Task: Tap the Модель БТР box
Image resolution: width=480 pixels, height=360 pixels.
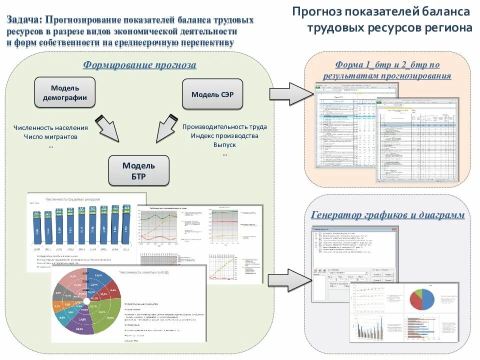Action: [x=139, y=170]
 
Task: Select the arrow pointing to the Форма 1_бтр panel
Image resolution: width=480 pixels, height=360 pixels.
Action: [x=290, y=93]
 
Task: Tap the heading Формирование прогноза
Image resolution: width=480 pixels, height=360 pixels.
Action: [x=139, y=65]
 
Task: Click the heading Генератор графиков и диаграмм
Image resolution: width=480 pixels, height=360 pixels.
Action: [x=387, y=215]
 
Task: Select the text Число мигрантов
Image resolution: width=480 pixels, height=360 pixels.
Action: [x=50, y=136]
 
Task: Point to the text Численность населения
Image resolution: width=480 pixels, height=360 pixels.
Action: [x=50, y=127]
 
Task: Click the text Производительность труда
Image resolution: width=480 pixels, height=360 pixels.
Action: [x=224, y=127]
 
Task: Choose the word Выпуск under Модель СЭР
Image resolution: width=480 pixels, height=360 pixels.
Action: [x=224, y=145]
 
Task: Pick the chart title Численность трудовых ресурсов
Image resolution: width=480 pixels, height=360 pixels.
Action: [x=72, y=199]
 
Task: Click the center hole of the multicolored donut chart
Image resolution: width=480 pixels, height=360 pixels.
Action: [x=86, y=301]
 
